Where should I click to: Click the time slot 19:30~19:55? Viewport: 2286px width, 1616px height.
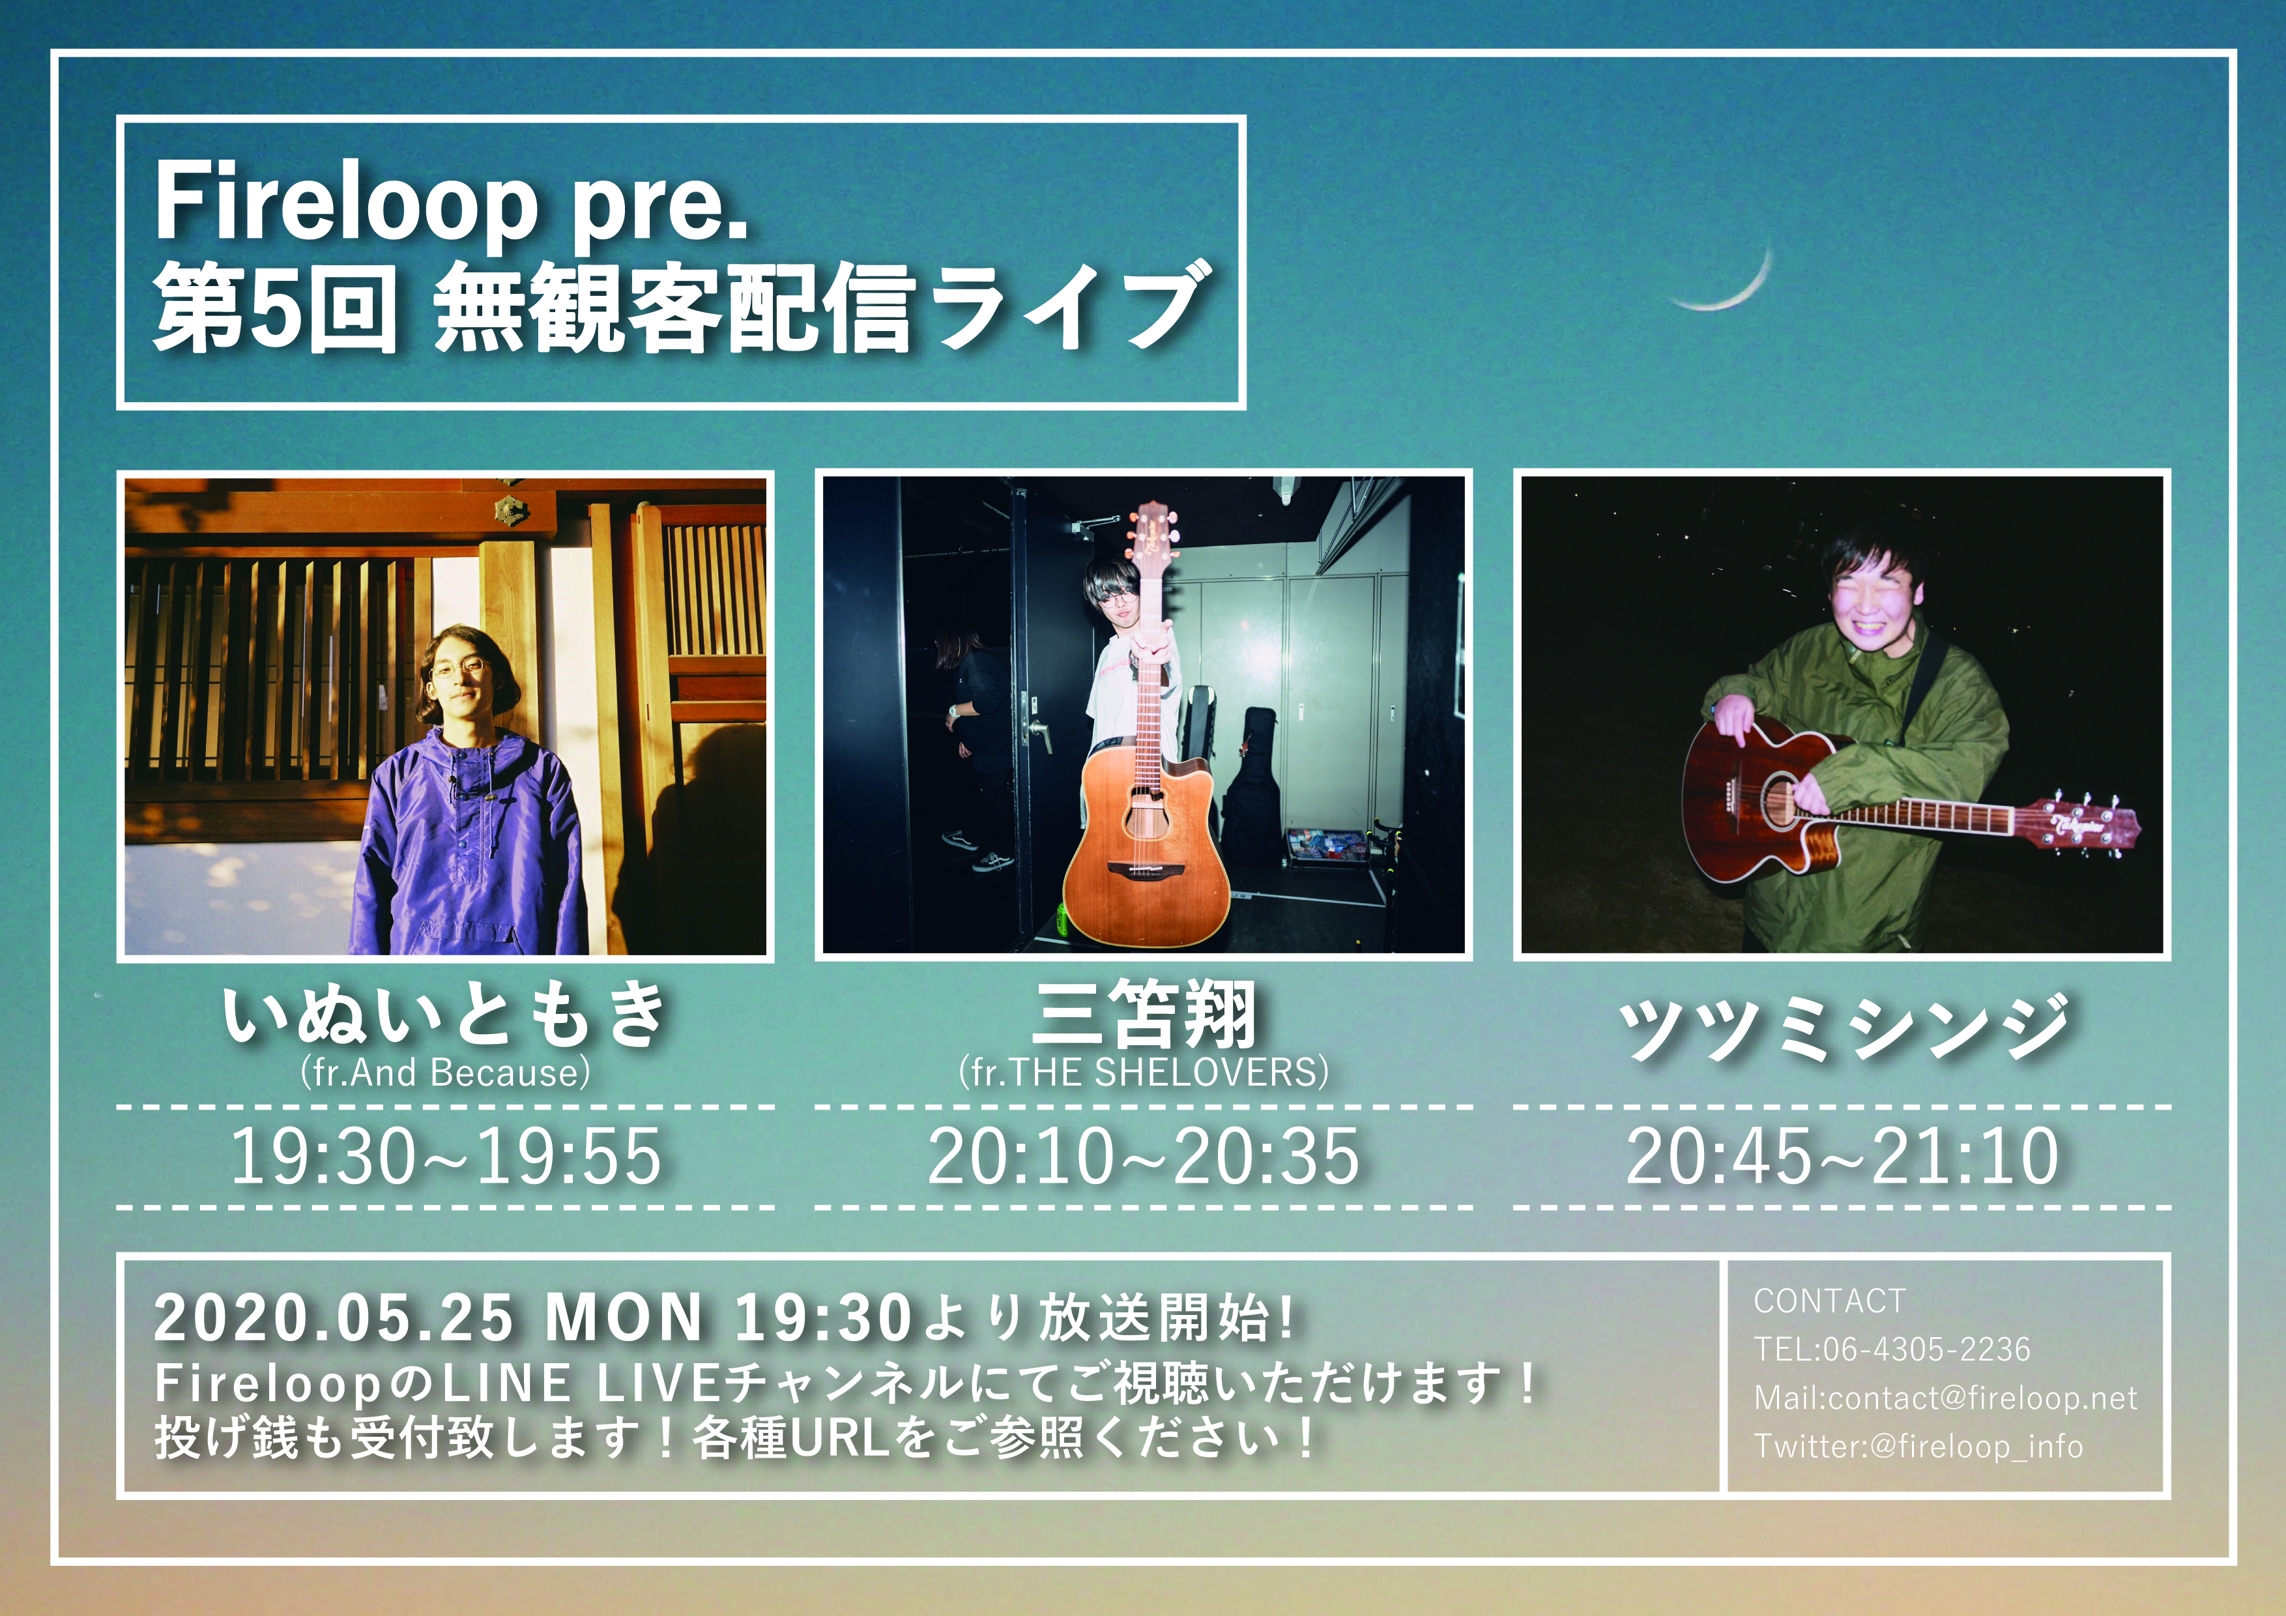tap(446, 1156)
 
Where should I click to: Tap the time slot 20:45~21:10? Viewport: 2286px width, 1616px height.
tap(1843, 1156)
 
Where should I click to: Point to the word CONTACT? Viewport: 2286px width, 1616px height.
tap(1830, 1301)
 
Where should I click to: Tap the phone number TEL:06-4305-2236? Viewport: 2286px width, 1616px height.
tap(1892, 1349)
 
